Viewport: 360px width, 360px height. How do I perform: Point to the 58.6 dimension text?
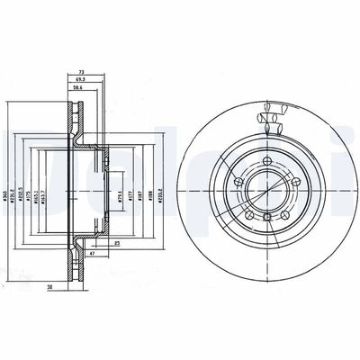tap(87, 87)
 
